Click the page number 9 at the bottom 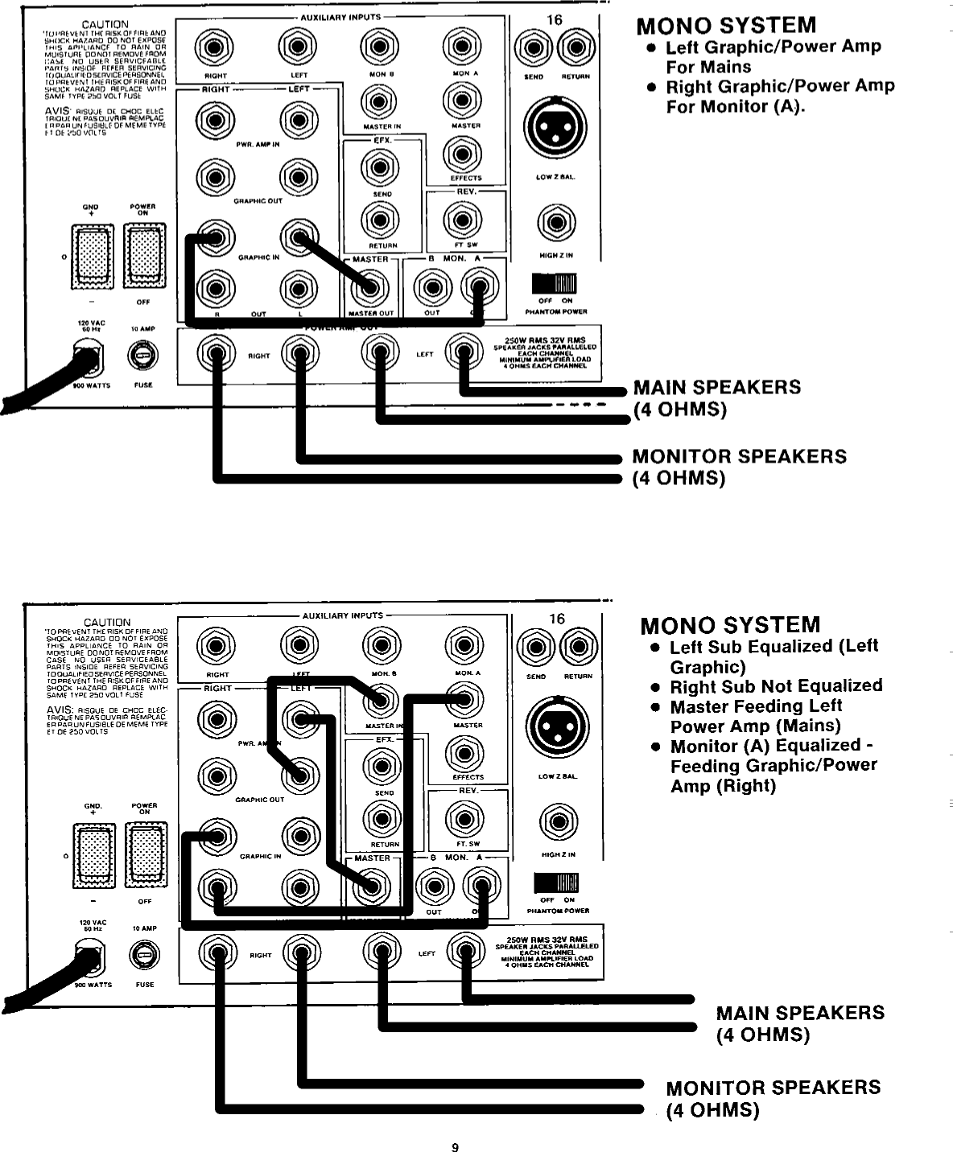coord(455,1146)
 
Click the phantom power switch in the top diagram coord(555,284)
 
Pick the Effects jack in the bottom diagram coord(464,753)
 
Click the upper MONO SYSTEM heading coord(726,26)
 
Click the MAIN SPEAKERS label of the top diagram coord(716,387)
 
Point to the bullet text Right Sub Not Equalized coord(776,685)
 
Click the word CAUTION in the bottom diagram coord(107,622)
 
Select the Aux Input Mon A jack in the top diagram coord(462,47)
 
